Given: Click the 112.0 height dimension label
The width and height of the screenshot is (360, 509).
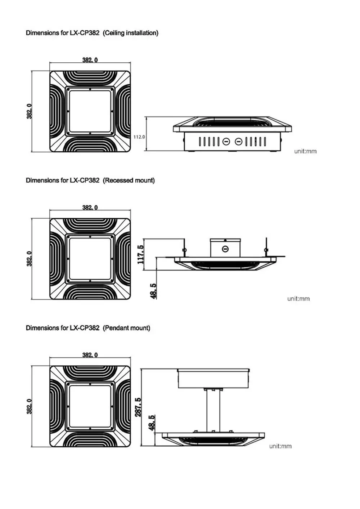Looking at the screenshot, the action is (x=139, y=137).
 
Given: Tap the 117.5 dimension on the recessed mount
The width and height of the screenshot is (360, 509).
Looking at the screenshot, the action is (x=141, y=254).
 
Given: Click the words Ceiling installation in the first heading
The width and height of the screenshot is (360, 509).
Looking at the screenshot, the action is (x=131, y=33).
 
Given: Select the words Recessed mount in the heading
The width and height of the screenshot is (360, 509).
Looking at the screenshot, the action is (x=129, y=180).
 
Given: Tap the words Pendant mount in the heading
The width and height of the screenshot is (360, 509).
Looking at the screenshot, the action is (x=126, y=328).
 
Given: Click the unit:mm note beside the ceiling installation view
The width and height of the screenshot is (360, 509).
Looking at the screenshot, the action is (x=305, y=151).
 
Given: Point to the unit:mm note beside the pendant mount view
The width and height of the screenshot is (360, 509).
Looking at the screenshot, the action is (x=280, y=446).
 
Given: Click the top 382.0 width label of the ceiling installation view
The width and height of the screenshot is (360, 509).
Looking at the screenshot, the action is (x=90, y=60).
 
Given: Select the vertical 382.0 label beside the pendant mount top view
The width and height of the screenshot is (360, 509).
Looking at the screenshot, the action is (x=29, y=406).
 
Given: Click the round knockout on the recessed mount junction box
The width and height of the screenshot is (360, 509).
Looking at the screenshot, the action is (x=225, y=249).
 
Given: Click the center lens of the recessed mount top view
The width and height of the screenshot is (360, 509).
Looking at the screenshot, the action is (x=90, y=259).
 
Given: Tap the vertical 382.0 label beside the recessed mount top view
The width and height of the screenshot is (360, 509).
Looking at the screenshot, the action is (x=29, y=259).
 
